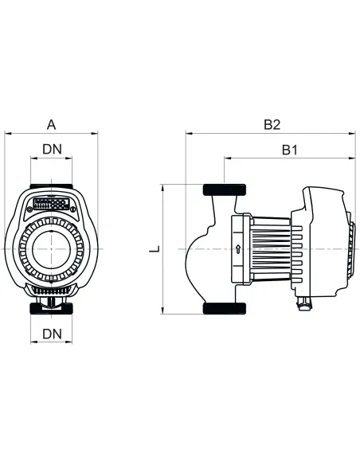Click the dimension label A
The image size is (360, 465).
click(x=52, y=124)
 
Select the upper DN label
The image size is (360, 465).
click(x=52, y=149)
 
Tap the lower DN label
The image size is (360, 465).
click(x=52, y=332)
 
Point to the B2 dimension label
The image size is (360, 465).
click(x=272, y=124)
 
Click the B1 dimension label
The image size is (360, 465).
click(x=290, y=149)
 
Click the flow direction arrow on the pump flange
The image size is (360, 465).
click(x=237, y=248)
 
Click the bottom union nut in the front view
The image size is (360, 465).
click(x=52, y=307)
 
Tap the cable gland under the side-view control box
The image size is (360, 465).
click(x=304, y=303)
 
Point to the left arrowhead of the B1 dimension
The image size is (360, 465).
click(x=227, y=158)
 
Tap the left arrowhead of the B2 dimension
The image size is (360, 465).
click(x=188, y=133)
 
